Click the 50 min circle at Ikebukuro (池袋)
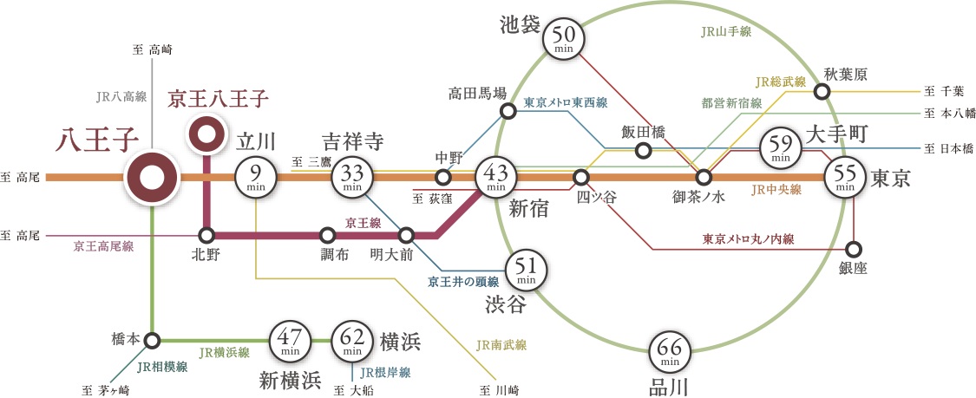pos(564,38)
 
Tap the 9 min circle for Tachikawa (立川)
pos(256,178)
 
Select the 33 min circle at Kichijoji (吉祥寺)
pos(352,178)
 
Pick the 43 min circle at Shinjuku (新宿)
pos(496,178)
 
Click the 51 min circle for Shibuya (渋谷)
pos(526,271)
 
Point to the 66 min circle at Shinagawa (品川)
pos(670,352)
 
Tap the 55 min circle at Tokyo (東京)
pos(845,178)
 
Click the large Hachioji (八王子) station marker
pos(152,178)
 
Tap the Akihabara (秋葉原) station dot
pos(820,90)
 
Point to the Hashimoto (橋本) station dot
pos(152,340)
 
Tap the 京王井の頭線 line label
pos(463,282)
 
